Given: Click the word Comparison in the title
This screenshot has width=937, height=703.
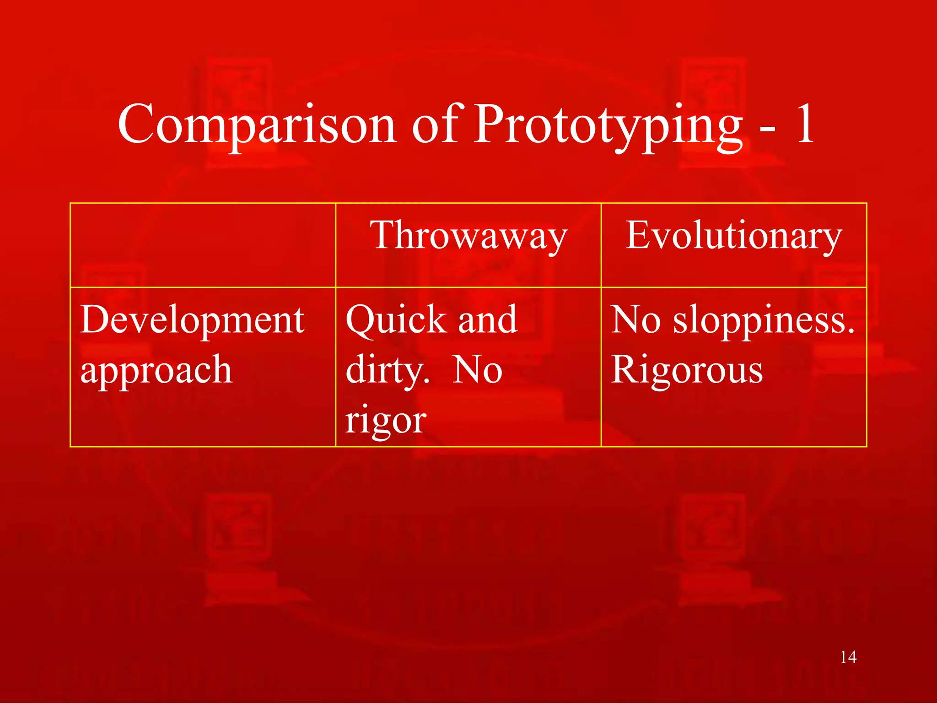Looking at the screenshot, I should (256, 124).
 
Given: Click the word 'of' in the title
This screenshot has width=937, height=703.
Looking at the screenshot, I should (435, 124).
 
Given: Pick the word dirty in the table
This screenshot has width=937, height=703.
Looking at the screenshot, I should (387, 370).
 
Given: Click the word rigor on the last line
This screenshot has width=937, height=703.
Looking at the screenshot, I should (386, 420).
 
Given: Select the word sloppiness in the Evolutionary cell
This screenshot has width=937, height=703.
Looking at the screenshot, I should (763, 320).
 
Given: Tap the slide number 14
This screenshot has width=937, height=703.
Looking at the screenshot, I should (848, 657).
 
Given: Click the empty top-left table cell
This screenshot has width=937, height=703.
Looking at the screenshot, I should (203, 245).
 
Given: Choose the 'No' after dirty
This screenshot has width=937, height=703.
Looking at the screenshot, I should (478, 370).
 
